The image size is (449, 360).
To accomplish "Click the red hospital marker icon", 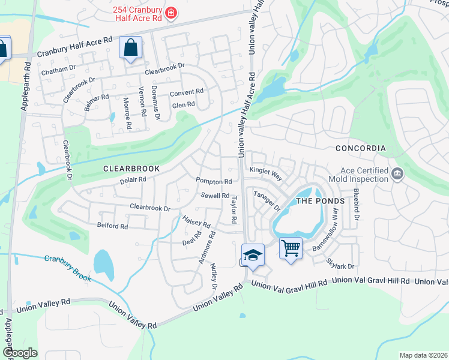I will pyautogui.click(x=172, y=12).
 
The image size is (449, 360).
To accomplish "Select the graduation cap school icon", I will pyautogui.click(x=253, y=254).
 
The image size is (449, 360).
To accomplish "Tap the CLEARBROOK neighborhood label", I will pyautogui.click(x=131, y=169).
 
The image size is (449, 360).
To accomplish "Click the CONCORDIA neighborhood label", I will pyautogui.click(x=360, y=148).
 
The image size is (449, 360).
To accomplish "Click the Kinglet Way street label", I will pyautogui.click(x=266, y=172).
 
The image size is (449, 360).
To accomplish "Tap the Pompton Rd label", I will pyautogui.click(x=214, y=181).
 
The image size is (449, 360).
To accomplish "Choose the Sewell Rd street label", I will pyautogui.click(x=215, y=196).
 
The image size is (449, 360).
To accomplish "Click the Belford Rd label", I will pyautogui.click(x=112, y=226).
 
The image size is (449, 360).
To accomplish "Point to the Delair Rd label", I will pyautogui.click(x=133, y=179).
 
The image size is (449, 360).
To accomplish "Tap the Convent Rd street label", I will pyautogui.click(x=187, y=92).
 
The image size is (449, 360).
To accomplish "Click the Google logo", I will pyautogui.click(x=20, y=353).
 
